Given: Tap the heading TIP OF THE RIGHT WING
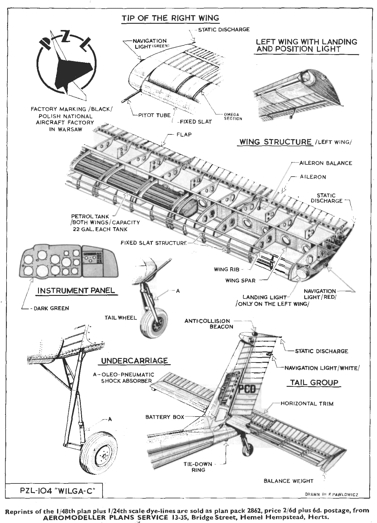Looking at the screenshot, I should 170,18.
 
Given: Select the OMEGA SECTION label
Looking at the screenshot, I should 233,117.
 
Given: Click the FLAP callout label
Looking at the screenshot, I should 184,134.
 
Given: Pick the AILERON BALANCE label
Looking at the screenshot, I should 325,163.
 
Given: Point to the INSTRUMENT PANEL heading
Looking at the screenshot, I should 76,290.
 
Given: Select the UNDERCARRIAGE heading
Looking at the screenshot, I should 134,361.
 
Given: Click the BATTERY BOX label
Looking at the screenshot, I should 165,417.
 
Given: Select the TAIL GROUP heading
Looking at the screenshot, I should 314,383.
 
